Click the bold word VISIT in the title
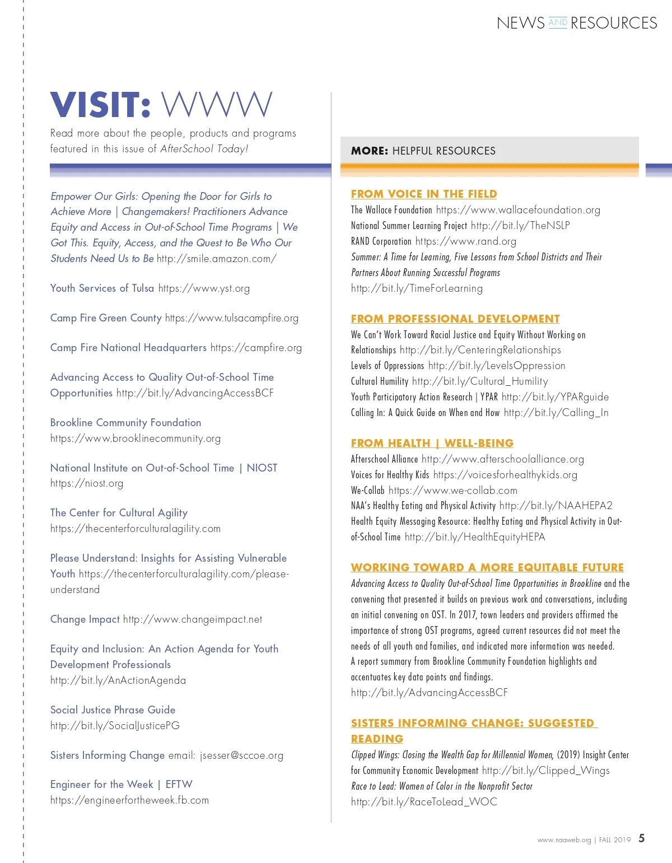coord(100,105)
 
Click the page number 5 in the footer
coord(642,838)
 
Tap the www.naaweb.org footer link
coord(564,840)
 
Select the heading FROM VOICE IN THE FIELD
coord(424,194)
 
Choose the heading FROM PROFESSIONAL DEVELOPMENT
coord(455,319)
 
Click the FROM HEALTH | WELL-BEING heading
coord(432,443)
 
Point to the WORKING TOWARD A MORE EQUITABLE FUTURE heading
coord(487,567)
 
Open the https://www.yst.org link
coord(204,288)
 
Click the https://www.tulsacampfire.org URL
coord(232,318)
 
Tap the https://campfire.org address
coord(256,348)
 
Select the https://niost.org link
coord(87,483)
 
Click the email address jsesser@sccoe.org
coord(241,755)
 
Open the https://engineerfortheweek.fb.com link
coord(129,800)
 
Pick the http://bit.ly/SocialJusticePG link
coord(115,726)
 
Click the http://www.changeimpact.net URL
coord(193,619)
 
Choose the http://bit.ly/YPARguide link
coord(555,397)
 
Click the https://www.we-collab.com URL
coord(452,491)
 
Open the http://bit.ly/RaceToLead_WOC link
coord(424,802)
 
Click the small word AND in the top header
coord(558,22)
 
